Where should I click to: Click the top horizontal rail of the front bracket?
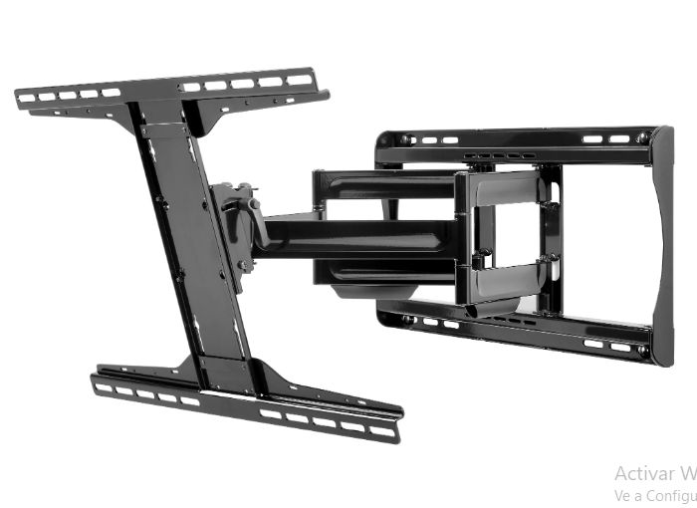tap(169, 90)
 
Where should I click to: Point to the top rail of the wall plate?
tap(518, 138)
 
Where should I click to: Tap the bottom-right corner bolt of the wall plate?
tap(643, 351)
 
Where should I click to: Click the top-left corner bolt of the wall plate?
tap(405, 140)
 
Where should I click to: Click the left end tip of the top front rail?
tap(20, 98)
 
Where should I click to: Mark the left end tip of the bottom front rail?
tap(95, 381)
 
